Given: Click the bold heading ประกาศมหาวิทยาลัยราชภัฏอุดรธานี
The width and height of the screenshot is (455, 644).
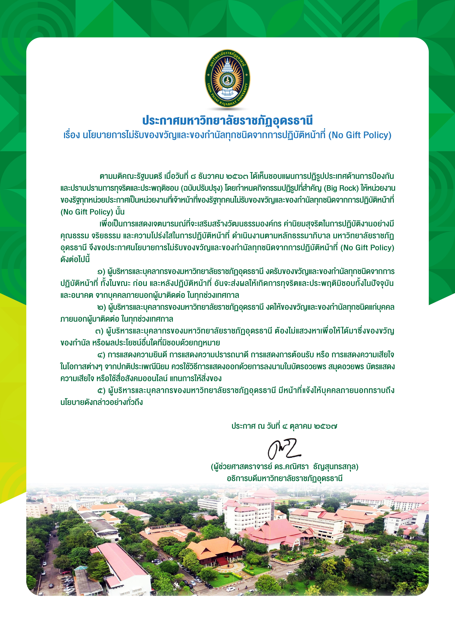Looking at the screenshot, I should click(x=227, y=121).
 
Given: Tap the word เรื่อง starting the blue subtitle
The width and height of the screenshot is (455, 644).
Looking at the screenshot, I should click(x=71, y=135).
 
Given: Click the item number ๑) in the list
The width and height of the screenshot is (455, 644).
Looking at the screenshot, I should click(x=101, y=272).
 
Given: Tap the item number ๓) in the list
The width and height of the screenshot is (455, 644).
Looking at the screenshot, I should click(x=100, y=331).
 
